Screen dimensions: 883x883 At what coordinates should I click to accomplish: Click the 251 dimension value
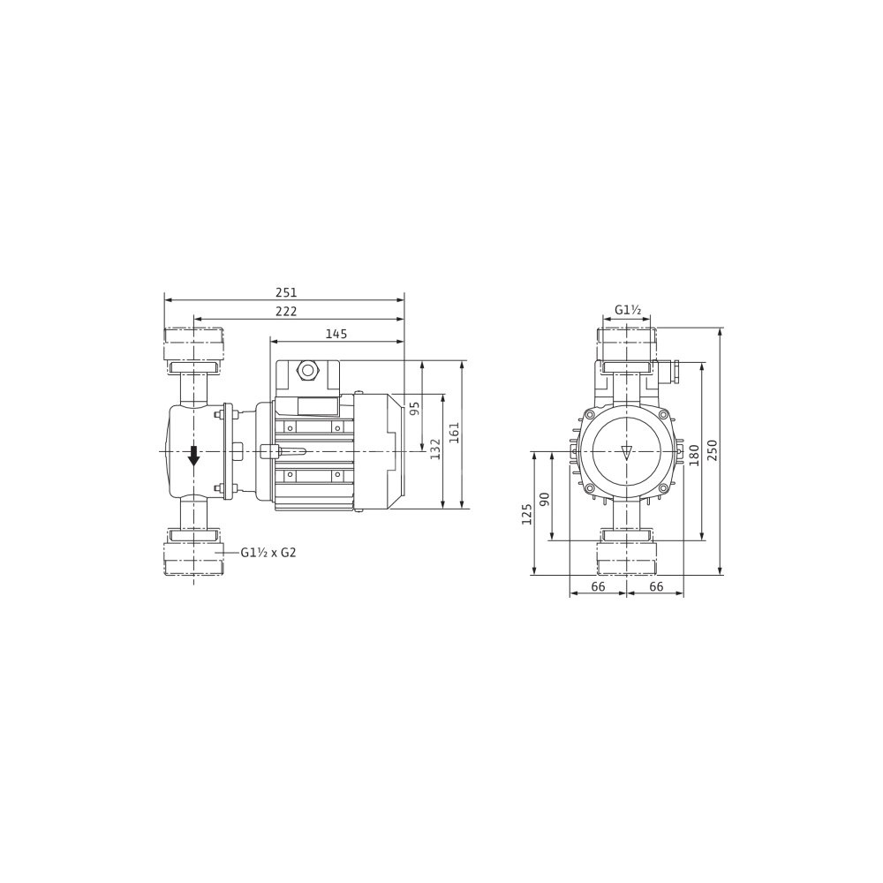(286, 293)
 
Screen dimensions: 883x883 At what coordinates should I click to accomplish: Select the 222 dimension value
(286, 312)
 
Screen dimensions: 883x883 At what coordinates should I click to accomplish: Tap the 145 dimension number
(336, 334)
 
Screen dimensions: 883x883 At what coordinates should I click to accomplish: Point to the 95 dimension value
(415, 408)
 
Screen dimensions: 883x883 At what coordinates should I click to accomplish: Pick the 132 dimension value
(434, 449)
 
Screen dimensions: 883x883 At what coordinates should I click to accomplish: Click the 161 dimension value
(455, 433)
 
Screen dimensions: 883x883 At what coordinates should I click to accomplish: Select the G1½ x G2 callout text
(268, 553)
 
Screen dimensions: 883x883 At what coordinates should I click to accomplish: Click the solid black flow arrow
(193, 455)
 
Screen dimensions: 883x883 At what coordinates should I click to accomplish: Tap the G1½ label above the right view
(627, 310)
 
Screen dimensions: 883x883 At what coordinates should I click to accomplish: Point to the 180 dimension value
(694, 455)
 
